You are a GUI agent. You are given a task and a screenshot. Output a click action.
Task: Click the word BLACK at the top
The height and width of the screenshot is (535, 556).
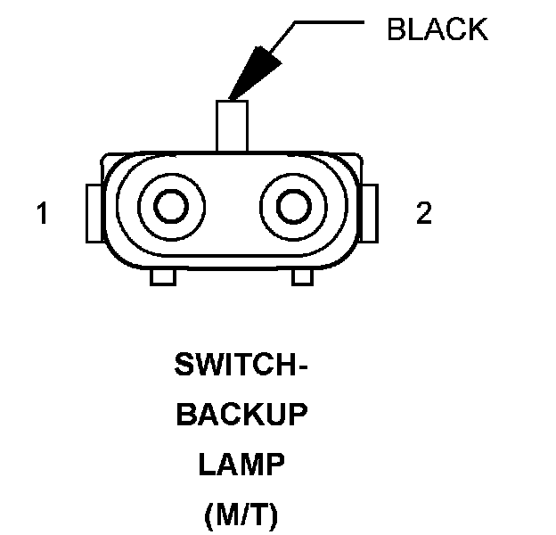(x=437, y=29)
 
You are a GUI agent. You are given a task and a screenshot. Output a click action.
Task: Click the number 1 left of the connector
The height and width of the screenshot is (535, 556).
(x=41, y=214)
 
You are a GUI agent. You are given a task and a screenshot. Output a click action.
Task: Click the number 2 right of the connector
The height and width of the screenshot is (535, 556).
(x=424, y=213)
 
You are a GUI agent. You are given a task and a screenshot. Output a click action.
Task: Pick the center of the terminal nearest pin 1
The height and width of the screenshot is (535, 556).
(x=170, y=208)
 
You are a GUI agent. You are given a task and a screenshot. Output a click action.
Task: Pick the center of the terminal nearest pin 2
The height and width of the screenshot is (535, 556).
(x=291, y=208)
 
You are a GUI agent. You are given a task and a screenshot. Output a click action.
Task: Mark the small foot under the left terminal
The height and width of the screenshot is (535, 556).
(x=160, y=278)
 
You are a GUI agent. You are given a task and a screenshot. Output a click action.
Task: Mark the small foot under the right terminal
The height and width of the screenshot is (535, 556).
(x=303, y=278)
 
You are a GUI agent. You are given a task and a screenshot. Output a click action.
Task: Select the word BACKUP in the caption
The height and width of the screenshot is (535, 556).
(x=241, y=416)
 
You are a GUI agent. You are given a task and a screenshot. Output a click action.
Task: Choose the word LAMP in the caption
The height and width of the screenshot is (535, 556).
(x=241, y=465)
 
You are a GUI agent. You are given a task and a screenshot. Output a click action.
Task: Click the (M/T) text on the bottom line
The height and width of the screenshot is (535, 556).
(x=241, y=514)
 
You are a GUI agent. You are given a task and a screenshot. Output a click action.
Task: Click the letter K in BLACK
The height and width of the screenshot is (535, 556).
(x=477, y=29)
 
